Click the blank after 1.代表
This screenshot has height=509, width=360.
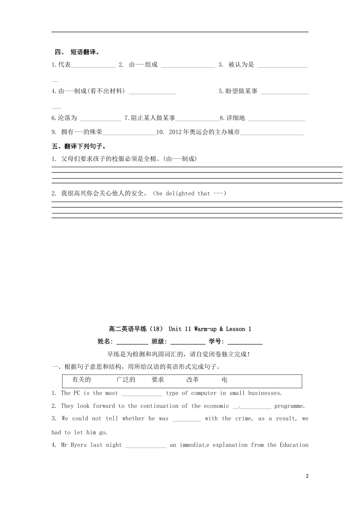click(x=93, y=65)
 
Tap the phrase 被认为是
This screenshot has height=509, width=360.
click(x=241, y=65)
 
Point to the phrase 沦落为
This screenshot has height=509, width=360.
click(x=67, y=118)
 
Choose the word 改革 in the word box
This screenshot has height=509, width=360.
click(x=193, y=380)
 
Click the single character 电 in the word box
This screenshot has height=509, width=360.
click(x=224, y=380)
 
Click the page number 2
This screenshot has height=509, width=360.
click(x=307, y=476)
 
